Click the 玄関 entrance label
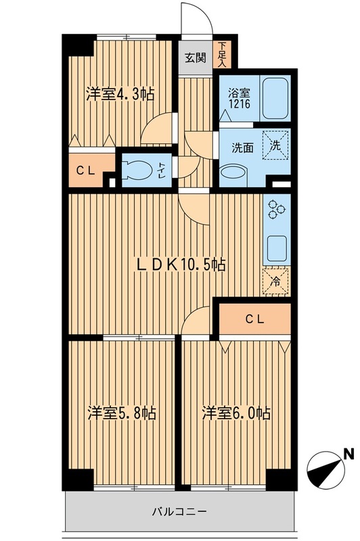pos(196,57)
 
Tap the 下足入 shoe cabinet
pos(221,55)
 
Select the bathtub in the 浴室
pos(275,98)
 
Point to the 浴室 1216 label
pos(239,98)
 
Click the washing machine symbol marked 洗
pos(275,145)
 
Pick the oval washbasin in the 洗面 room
pos(233,172)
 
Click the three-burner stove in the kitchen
pos(276,209)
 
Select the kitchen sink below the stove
pos(277,248)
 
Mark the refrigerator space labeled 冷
pos(276,281)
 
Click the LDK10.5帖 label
pos(181,264)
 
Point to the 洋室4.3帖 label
pos(120,94)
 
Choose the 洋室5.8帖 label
pos(122,413)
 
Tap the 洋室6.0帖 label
pos(236,413)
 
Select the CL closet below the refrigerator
pos(254,319)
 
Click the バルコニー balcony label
pos(179,511)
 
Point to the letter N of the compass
pos(350,454)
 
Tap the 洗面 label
pos(242,147)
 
